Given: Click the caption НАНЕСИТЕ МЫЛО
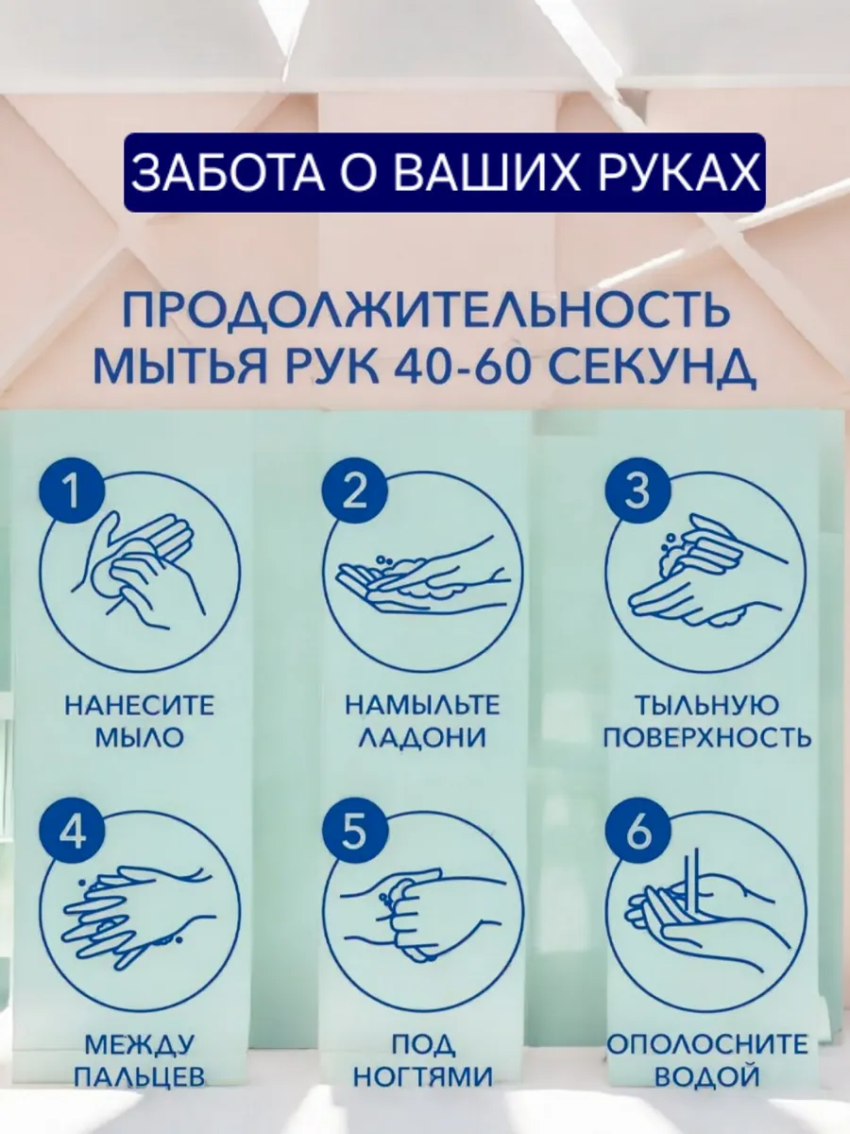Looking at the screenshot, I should pyautogui.click(x=140, y=721).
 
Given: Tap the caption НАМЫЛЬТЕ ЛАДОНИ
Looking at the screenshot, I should pyautogui.click(x=422, y=721).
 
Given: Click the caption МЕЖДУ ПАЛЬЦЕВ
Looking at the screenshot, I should pyautogui.click(x=140, y=1060).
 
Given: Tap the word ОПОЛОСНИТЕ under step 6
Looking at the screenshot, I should pyautogui.click(x=706, y=1044).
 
